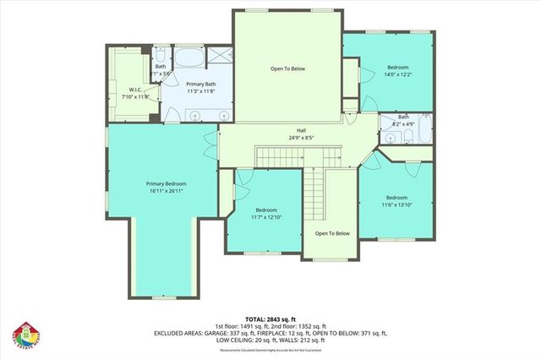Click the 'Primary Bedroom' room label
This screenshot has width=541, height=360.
[x=165, y=183]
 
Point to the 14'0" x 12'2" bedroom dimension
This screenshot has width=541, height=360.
[x=398, y=74]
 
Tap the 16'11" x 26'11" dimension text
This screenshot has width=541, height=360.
[x=165, y=191]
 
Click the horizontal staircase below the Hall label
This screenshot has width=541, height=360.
[x=278, y=155]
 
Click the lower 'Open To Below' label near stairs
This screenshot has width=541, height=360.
[x=332, y=233]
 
